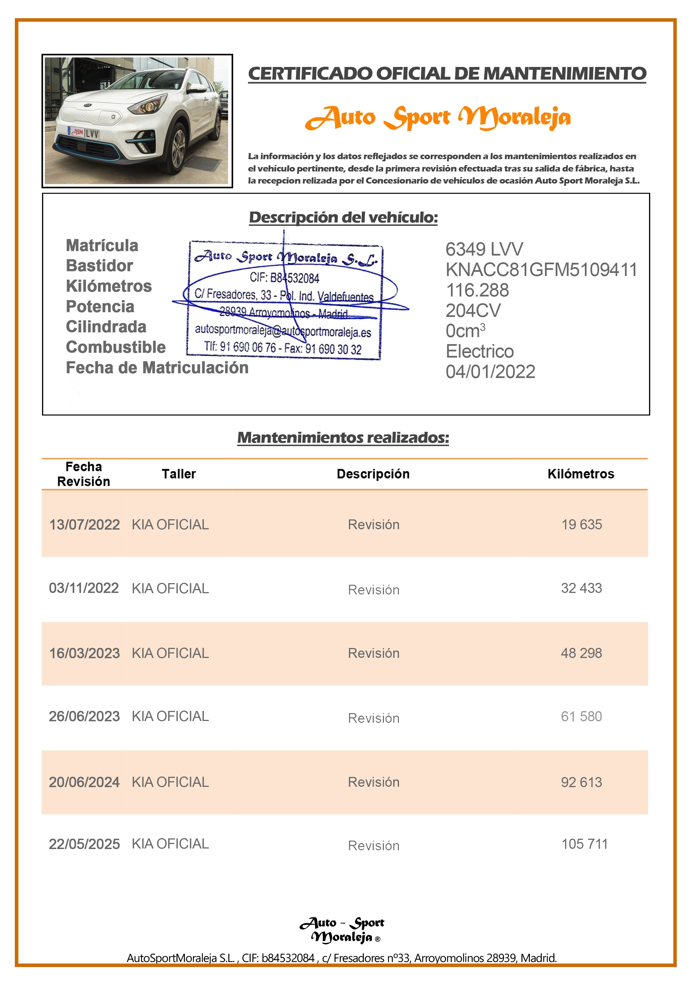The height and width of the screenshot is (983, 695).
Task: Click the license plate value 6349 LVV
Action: (484, 249)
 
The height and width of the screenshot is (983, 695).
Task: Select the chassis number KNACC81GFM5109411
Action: (541, 270)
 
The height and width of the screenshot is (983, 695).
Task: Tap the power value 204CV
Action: (473, 310)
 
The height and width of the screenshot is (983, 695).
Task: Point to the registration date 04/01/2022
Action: (490, 372)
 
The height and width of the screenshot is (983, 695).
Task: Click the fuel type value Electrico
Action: (479, 351)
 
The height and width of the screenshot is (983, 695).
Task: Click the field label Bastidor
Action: (99, 266)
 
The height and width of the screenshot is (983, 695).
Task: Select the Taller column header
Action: (179, 474)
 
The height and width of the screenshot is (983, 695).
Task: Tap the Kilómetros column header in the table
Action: (581, 474)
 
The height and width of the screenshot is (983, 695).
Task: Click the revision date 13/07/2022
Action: (84, 525)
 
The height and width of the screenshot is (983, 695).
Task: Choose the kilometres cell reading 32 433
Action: (581, 588)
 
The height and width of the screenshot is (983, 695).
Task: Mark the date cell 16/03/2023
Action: (84, 653)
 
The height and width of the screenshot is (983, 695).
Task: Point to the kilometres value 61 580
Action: (581, 716)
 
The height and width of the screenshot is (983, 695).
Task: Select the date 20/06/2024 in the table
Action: (84, 782)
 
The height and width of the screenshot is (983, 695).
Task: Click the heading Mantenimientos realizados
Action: (343, 437)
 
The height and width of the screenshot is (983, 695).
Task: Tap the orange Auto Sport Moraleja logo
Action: (438, 118)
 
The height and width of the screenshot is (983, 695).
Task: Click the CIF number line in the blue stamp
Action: (284, 278)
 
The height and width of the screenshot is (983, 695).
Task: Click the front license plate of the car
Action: (84, 133)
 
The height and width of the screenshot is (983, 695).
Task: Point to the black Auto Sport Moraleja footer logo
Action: (342, 930)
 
